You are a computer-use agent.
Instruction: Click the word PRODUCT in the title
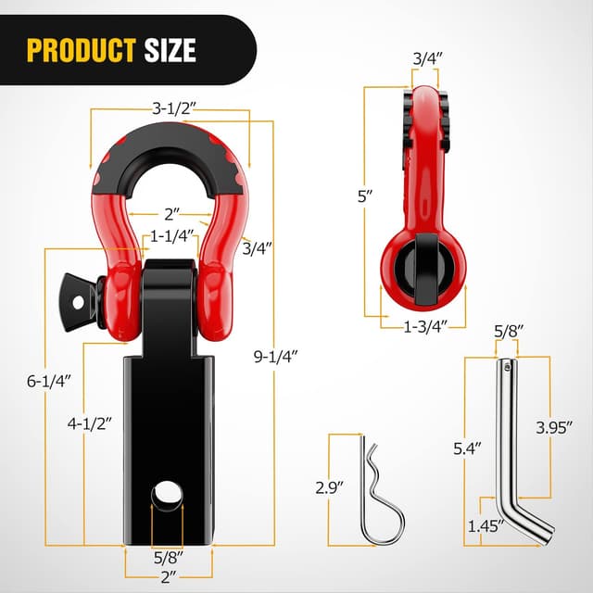[82, 49]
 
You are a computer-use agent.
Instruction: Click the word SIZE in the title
[170, 49]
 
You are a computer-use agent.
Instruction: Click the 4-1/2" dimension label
[90, 423]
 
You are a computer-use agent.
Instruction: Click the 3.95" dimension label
[553, 427]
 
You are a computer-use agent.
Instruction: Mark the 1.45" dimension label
[485, 524]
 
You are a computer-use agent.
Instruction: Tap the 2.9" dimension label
[329, 484]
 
